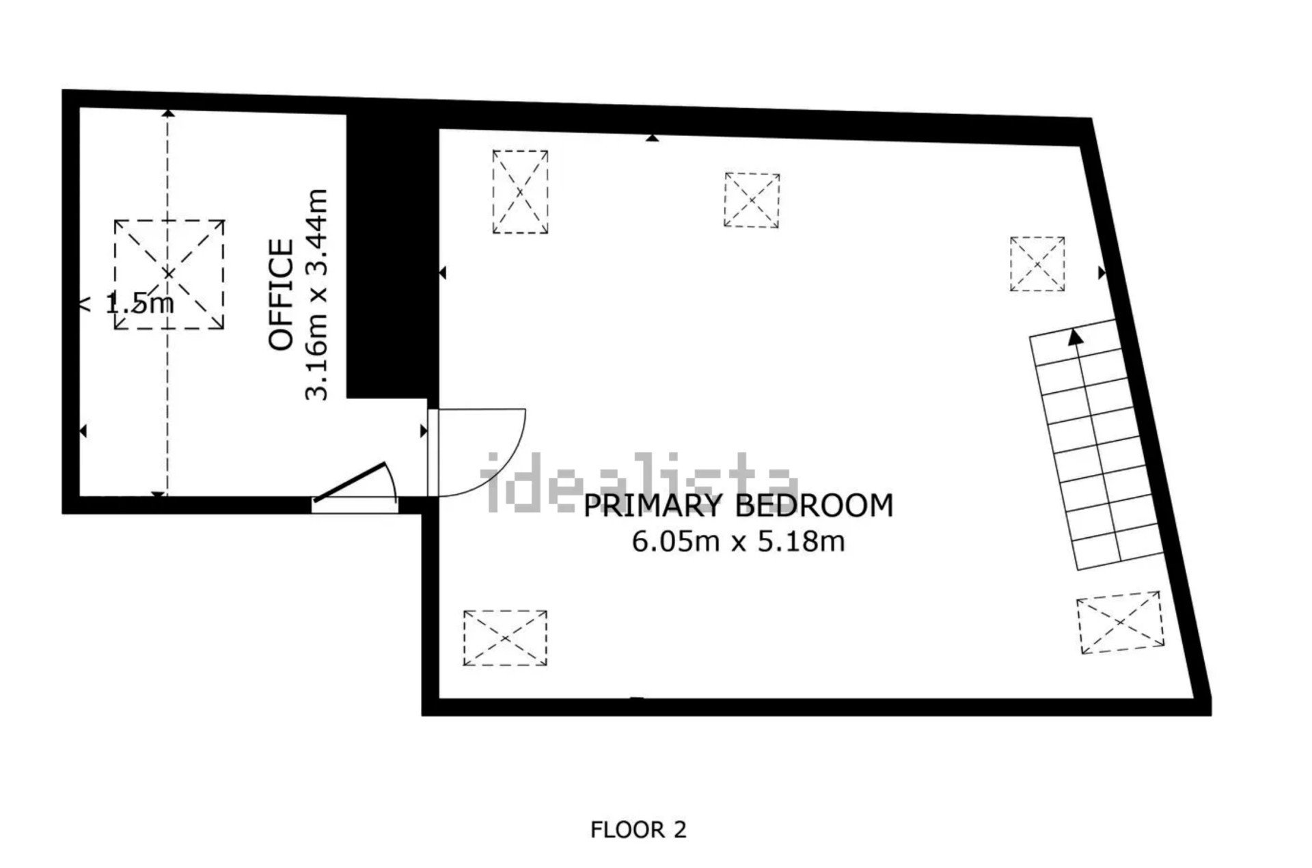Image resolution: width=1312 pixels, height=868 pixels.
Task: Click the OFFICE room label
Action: coord(282,294)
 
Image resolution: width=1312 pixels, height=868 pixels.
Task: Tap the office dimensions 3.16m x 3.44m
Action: coord(316,295)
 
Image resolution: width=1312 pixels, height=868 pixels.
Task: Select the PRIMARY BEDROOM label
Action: coord(739,506)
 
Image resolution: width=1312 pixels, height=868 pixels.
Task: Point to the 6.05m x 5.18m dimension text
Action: coord(739,541)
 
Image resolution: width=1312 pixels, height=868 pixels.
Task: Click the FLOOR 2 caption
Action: coord(638,830)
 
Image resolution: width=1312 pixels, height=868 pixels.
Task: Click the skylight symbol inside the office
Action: coord(169,274)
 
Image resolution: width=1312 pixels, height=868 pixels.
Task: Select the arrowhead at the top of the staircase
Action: coord(1076,336)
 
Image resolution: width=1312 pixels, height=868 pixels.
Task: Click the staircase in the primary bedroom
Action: coord(1097,444)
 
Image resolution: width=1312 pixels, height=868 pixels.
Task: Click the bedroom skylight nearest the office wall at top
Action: coord(520,192)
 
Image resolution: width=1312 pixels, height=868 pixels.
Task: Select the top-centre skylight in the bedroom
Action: coord(752,200)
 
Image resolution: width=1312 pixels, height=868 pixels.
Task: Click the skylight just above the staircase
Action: coord(1037,264)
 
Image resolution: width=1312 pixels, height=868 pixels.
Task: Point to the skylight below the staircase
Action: coord(1120,623)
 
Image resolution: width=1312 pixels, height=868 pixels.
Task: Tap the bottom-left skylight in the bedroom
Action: coord(505,638)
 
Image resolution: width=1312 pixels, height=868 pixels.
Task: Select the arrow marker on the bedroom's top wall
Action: coord(653,138)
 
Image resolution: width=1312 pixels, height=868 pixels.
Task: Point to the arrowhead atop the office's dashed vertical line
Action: coord(168,113)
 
